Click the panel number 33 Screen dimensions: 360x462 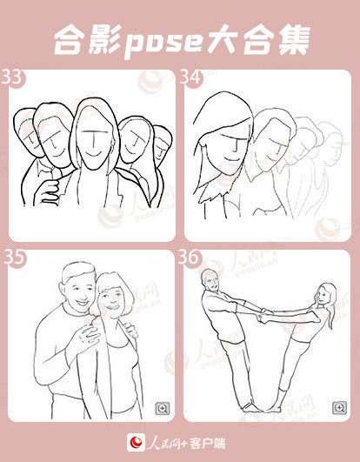(12, 77)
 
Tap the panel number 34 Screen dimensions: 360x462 (190, 77)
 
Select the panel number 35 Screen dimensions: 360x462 (14, 258)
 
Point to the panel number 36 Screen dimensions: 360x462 (189, 258)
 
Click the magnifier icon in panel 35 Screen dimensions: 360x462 (163, 408)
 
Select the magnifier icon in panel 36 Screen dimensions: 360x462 (339, 408)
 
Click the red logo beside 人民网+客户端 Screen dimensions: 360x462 (136, 442)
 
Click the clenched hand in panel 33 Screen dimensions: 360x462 (46, 191)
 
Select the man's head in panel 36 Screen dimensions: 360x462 (210, 280)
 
